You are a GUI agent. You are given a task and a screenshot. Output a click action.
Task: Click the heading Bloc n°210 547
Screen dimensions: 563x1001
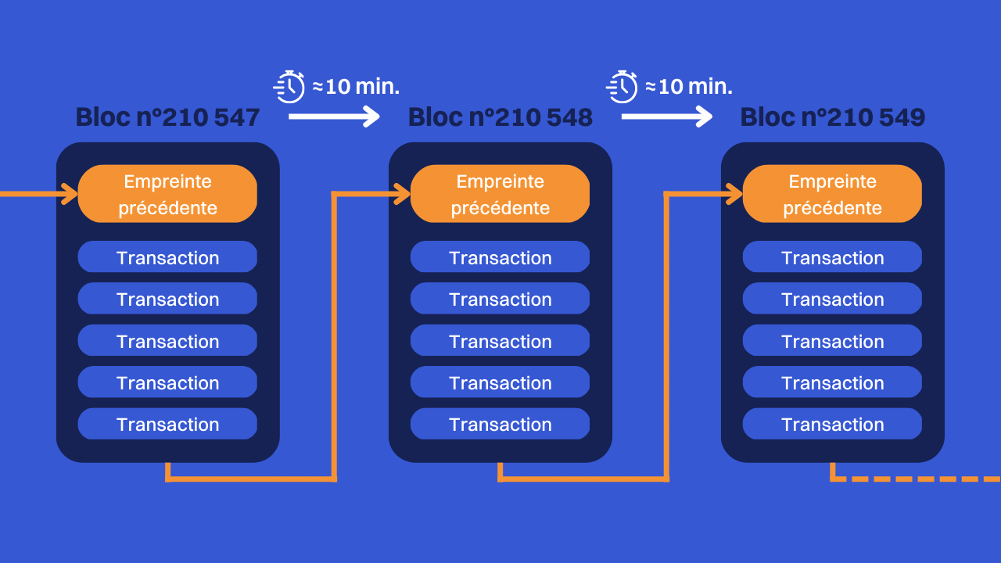167,117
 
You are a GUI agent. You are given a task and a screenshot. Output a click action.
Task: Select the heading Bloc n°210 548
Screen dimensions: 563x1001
500,117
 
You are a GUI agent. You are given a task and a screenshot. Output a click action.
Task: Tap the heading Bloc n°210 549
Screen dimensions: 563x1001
832,117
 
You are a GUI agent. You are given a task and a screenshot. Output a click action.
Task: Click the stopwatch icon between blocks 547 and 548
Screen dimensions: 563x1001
289,86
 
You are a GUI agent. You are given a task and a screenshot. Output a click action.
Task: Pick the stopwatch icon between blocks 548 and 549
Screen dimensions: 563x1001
622,86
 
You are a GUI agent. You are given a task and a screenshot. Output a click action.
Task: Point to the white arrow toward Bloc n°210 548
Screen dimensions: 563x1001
334,117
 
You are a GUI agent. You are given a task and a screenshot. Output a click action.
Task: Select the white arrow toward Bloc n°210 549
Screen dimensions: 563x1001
666,117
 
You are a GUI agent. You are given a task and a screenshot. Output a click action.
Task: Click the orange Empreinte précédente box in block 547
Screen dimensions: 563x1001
167,194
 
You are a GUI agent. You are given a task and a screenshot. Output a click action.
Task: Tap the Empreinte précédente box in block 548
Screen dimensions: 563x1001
500,194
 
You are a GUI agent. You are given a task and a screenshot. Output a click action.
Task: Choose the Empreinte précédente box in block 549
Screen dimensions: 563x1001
832,194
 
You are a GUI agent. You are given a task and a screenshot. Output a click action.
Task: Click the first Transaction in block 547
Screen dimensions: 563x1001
167,257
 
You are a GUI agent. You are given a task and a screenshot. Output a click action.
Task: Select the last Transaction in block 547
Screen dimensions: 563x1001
167,424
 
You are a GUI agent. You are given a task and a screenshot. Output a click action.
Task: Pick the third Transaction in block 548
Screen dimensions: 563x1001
500,341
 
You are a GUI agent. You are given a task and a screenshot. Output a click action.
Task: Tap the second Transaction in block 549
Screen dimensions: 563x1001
832,299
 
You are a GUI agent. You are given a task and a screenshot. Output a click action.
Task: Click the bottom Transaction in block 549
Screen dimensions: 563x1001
832,424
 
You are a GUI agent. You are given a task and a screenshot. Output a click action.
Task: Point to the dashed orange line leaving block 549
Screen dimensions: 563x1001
923,478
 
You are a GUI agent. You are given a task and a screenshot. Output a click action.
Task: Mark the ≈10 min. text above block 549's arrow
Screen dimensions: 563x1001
688,86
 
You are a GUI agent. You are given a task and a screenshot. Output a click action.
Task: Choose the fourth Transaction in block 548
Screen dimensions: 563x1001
500,382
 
